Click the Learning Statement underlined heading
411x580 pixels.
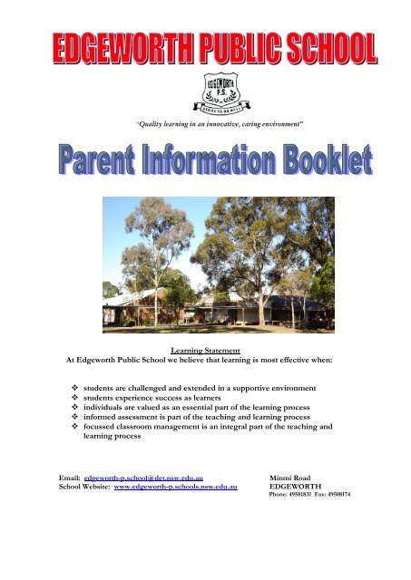(204, 347)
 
